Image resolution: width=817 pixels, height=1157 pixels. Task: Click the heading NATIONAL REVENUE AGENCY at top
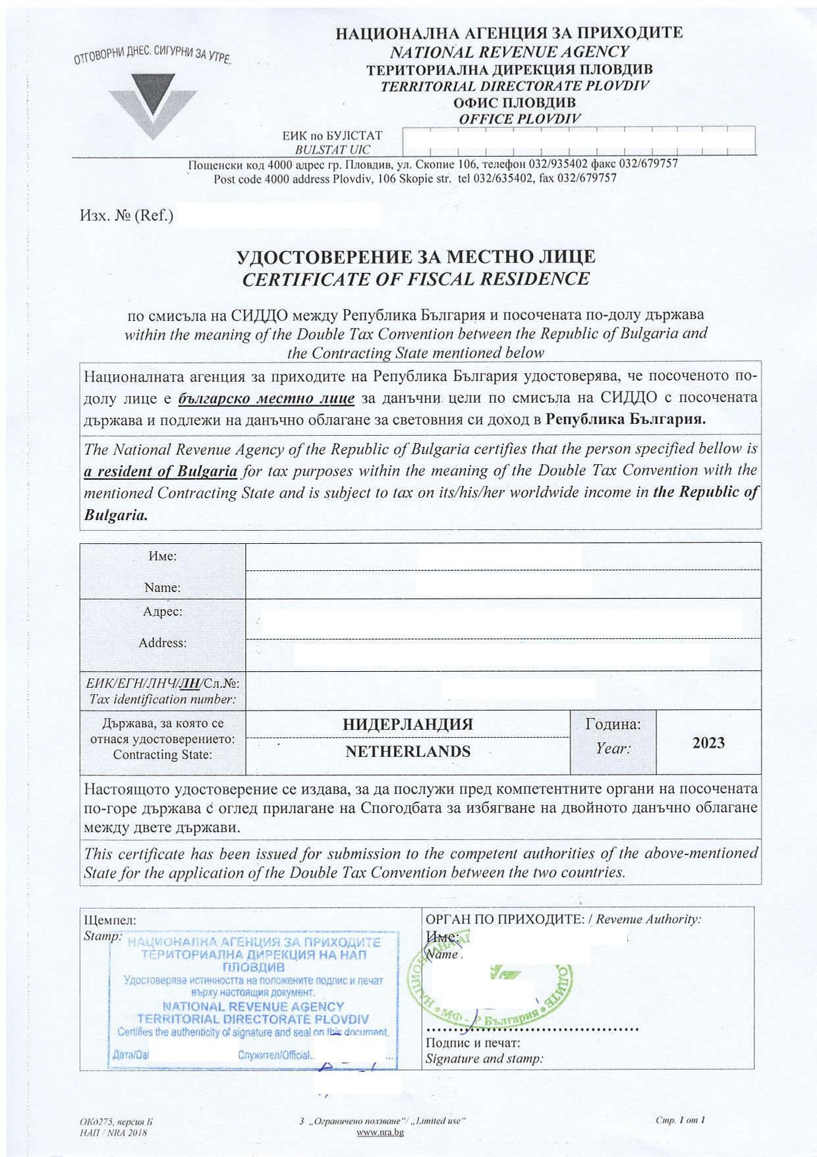click(509, 51)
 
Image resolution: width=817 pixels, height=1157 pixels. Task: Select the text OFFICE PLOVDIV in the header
click(520, 119)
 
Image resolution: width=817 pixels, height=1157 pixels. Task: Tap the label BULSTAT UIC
click(333, 150)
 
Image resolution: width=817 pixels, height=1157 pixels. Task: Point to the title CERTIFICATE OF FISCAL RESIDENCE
click(416, 279)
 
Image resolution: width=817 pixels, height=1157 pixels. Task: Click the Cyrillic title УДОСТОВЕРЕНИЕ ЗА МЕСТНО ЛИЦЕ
click(416, 256)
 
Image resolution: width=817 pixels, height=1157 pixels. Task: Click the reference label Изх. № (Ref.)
click(127, 216)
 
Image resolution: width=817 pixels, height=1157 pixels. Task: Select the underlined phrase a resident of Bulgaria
click(161, 471)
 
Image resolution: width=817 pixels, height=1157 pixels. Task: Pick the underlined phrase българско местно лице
click(266, 398)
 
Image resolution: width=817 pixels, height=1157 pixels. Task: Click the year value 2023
click(708, 743)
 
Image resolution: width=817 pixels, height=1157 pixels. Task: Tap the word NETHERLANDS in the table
click(408, 752)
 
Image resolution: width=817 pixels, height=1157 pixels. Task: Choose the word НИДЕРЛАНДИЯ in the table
click(408, 724)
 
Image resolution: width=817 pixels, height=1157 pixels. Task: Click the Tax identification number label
click(162, 699)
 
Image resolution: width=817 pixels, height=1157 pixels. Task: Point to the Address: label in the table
click(162, 643)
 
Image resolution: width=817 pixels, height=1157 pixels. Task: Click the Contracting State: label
click(162, 755)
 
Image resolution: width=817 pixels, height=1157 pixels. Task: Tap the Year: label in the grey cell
click(613, 749)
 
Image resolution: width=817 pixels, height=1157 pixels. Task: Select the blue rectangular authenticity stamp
click(254, 995)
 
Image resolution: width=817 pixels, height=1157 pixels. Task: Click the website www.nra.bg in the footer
click(380, 1132)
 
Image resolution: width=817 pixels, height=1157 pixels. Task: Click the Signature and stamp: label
click(484, 1059)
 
